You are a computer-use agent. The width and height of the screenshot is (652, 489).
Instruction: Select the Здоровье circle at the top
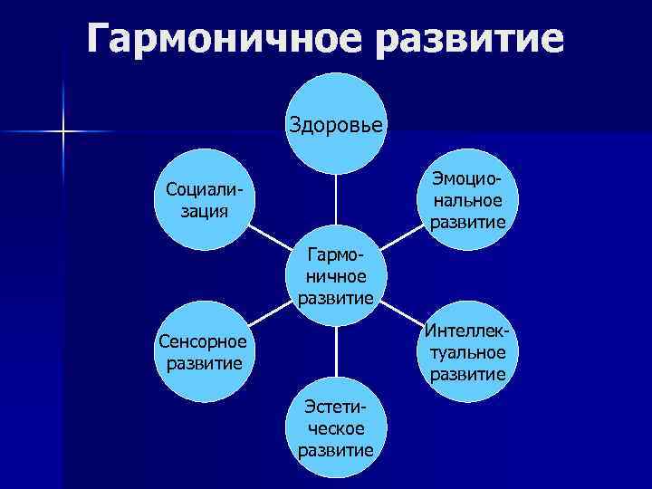[x=336, y=122]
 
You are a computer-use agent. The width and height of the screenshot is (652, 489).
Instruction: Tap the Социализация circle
[x=205, y=200]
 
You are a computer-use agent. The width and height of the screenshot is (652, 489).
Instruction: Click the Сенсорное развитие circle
[x=205, y=352]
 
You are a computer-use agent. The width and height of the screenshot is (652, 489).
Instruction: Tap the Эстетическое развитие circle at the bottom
[x=336, y=427]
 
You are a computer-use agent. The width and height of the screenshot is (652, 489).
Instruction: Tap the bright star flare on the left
[x=64, y=133]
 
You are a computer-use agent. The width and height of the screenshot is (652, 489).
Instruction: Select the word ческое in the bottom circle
[x=336, y=427]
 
